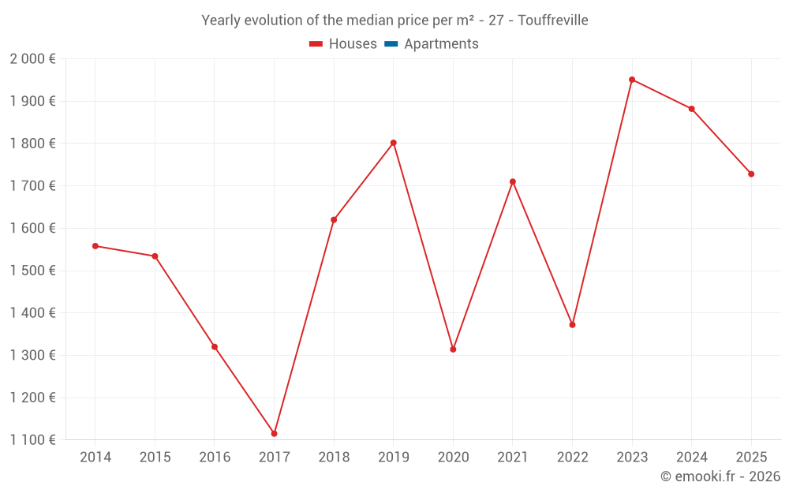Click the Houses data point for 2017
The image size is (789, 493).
coord(274,434)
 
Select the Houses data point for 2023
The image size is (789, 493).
coord(632,80)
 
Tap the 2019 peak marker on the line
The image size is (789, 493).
coord(393,143)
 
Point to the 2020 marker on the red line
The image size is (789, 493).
coord(453,349)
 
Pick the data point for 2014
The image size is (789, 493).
coord(95,246)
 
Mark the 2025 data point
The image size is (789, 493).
coord(751,174)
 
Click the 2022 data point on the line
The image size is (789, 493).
coord(572,325)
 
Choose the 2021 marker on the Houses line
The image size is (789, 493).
coord(513,181)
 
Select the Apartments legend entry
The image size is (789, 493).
coord(441,44)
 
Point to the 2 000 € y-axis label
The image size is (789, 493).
coord(32,59)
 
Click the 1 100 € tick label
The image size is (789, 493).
coord(32,440)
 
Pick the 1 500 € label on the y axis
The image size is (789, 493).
coord(32,271)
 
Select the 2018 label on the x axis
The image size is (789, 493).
coord(334,458)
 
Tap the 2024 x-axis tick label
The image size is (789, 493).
coord(692,458)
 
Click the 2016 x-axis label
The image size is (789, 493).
coord(215,458)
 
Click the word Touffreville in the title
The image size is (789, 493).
coord(552,21)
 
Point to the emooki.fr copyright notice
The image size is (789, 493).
coord(720,476)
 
